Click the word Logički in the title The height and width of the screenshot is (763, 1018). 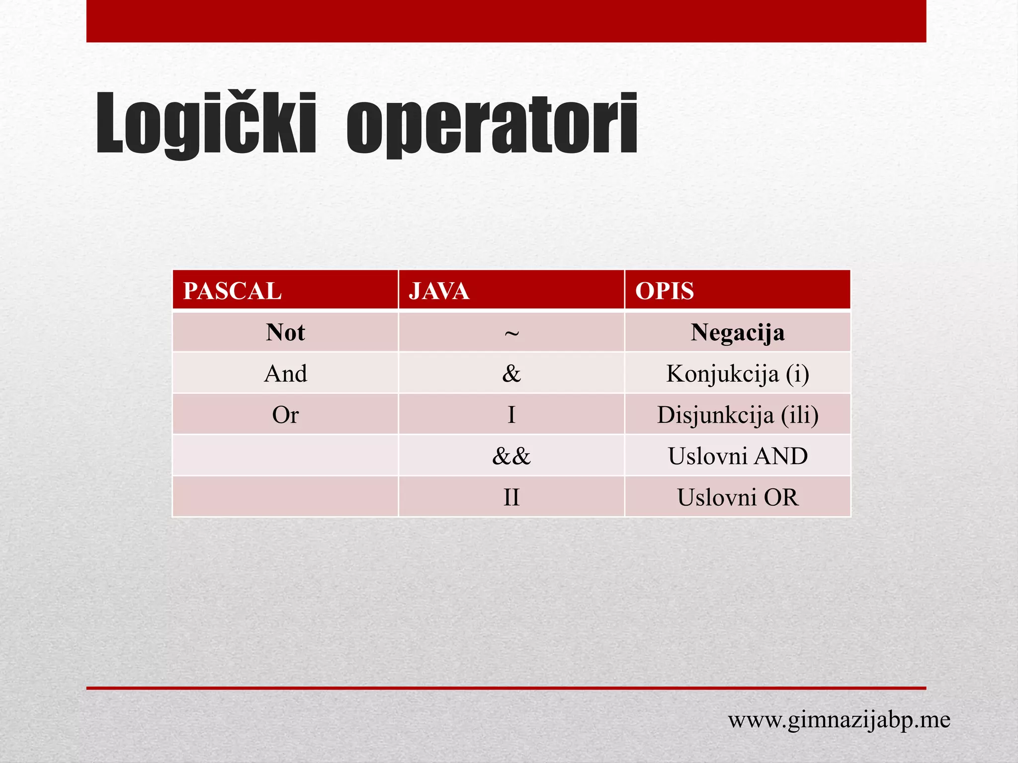click(206, 124)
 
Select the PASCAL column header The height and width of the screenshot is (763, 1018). click(232, 291)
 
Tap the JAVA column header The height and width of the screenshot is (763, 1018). click(439, 291)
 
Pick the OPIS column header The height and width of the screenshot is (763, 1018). click(664, 291)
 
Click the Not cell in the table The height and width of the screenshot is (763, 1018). click(285, 332)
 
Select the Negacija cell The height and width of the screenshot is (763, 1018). click(738, 332)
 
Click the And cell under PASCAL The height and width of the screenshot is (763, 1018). click(285, 374)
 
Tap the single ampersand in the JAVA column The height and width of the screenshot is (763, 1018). click(511, 374)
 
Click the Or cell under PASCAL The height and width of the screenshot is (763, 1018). click(285, 415)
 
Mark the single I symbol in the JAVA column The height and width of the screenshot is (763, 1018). click(511, 415)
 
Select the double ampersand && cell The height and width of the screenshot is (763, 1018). click(511, 456)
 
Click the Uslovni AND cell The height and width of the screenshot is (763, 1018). click(738, 456)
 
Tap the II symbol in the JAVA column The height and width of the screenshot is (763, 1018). click(511, 497)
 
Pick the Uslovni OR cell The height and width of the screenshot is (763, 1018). click(738, 497)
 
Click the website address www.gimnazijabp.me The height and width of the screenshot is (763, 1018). click(839, 720)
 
